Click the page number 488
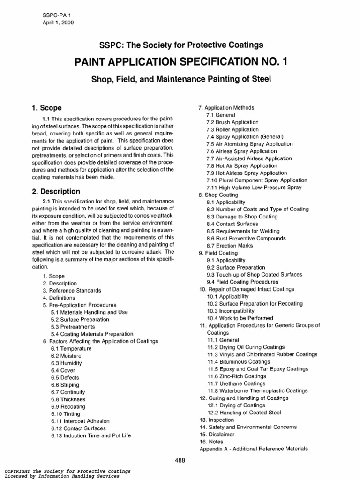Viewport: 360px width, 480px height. coord(180,460)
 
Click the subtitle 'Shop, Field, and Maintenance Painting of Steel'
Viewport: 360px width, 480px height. coord(180,80)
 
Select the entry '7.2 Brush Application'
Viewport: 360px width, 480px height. coord(232,122)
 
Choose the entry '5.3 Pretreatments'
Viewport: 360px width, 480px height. coord(73,327)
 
